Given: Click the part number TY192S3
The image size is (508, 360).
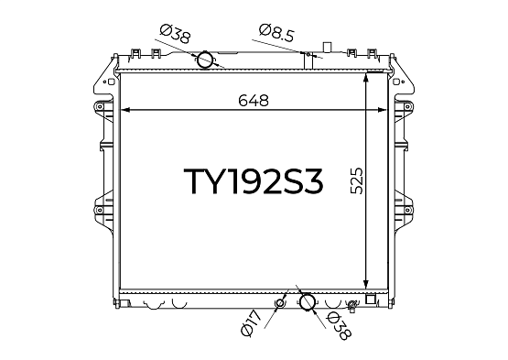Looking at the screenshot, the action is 254,181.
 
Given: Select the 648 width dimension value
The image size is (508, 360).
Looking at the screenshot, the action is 254,101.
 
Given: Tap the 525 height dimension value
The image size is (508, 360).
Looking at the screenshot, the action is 357,180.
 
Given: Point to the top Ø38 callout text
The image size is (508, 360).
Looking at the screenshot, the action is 175,34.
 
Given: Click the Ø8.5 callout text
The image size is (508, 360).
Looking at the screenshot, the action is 276,33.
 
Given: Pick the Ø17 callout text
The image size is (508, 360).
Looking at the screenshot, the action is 251,323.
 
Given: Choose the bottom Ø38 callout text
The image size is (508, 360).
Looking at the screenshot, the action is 339,326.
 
